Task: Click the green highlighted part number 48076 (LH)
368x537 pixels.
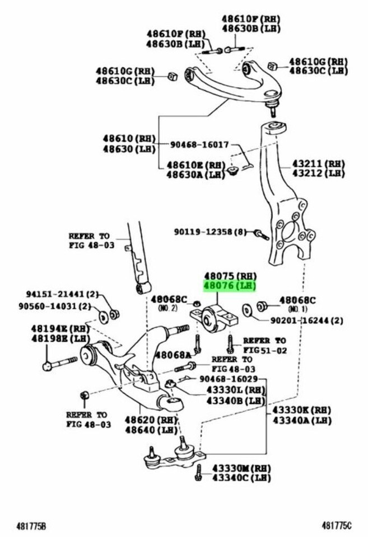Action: tap(230, 286)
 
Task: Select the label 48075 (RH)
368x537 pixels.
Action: tap(230, 275)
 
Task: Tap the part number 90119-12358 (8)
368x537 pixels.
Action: tap(208, 232)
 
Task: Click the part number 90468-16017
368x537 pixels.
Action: tap(199, 144)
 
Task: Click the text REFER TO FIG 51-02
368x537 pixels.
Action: tap(264, 345)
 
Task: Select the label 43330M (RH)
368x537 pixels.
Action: tap(241, 468)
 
